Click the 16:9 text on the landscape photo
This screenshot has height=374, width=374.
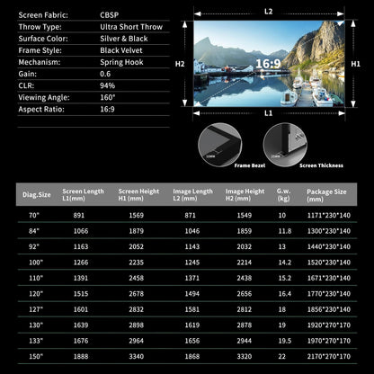click(x=269, y=63)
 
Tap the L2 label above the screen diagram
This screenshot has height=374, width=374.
click(x=269, y=10)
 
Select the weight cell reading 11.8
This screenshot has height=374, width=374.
click(x=285, y=231)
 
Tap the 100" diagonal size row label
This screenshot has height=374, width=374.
click(x=35, y=262)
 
